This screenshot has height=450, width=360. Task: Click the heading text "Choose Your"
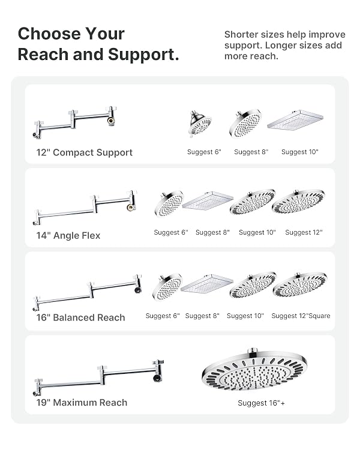point(71,34)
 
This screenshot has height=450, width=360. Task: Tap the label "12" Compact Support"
point(85,152)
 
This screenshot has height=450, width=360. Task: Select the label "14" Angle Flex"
point(68,236)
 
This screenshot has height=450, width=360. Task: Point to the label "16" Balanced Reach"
point(80,317)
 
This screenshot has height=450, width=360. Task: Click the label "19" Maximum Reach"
point(82,403)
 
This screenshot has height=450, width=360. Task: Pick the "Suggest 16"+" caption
point(261,403)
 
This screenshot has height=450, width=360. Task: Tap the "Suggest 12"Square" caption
point(301,316)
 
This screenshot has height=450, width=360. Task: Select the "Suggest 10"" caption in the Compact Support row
point(300,152)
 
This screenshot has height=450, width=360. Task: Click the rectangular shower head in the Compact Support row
point(295,120)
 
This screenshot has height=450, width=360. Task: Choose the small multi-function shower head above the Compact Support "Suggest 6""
point(200,124)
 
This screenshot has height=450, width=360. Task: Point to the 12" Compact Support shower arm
point(75,122)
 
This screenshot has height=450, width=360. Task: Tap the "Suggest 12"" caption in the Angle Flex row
point(304,232)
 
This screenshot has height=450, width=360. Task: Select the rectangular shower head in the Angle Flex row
point(208,200)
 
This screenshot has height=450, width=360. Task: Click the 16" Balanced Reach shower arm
point(87,292)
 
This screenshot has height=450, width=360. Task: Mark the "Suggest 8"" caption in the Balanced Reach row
point(202,316)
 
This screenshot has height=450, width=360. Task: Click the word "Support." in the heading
point(143,55)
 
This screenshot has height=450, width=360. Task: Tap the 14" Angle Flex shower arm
point(85,208)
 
